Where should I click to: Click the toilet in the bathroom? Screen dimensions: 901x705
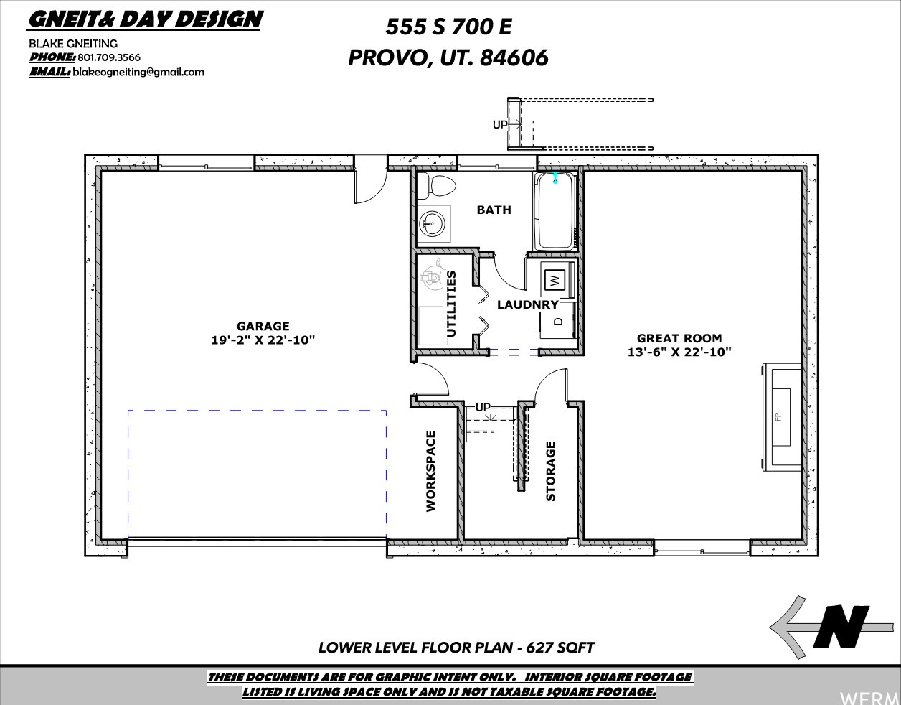coord(437,186)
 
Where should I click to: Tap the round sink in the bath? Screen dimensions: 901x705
coord(431,223)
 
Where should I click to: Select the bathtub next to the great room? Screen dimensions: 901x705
coord(555,211)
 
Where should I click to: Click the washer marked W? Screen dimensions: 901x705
coord(556,280)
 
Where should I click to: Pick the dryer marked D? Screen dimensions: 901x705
coord(558,321)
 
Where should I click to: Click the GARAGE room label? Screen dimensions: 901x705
coord(263,326)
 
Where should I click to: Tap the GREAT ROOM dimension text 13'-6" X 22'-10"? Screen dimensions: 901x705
coord(679,352)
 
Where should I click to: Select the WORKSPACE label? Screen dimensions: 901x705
coord(431,471)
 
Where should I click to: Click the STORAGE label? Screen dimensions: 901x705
coord(550,471)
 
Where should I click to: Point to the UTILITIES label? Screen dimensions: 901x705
coord(451,304)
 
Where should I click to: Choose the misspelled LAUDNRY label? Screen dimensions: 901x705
coord(528,304)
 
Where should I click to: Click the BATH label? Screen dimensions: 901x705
coord(494,210)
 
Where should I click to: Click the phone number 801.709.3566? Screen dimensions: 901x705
coord(109,57)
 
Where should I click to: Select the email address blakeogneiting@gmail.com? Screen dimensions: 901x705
coord(138,73)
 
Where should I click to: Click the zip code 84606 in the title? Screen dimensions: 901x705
coord(514,57)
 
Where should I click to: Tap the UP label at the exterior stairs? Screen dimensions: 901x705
coord(499,124)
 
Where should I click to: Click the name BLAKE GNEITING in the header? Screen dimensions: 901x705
coord(73,44)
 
